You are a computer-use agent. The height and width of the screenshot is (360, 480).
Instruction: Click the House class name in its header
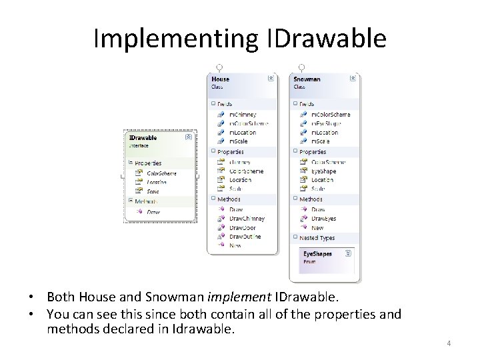[220, 79]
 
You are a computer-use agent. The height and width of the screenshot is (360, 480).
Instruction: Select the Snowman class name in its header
[307, 79]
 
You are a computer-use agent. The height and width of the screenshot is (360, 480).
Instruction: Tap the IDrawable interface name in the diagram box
[143, 137]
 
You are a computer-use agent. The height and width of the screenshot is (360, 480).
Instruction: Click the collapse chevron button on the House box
[270, 79]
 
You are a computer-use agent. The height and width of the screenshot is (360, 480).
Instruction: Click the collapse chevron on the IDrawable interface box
[188, 137]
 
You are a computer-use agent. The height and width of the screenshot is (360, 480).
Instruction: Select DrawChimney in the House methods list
[247, 218]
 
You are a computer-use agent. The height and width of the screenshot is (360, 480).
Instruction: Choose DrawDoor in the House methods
[242, 227]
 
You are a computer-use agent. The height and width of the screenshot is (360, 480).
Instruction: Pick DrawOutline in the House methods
[245, 237]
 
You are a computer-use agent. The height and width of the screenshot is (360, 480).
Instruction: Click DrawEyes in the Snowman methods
[323, 218]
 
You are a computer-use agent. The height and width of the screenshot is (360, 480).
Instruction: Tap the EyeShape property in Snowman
[323, 171]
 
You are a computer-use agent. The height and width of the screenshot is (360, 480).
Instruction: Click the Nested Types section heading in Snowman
[317, 237]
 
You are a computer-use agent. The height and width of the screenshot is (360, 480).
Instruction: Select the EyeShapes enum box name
[317, 254]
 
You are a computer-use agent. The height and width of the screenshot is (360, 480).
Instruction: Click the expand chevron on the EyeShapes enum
[347, 254]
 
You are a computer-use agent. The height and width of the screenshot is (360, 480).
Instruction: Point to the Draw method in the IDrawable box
[153, 212]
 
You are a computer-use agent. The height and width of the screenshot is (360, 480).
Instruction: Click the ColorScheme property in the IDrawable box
[161, 173]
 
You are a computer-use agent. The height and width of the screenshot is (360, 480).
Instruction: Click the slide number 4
[449, 343]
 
